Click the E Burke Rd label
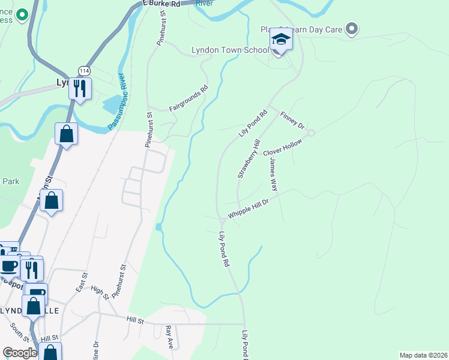[x=162, y=4]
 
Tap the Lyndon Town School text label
[x=230, y=50]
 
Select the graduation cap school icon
[x=280, y=40]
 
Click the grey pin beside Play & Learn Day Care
[x=352, y=29]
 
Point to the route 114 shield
[x=83, y=71]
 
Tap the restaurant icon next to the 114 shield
[x=80, y=88]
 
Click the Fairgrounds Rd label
[x=188, y=99]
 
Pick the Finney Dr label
[x=292, y=119]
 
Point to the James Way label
[x=273, y=175]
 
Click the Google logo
[x=20, y=353]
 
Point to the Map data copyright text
[x=423, y=355]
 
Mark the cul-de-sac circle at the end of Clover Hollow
[x=311, y=133]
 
